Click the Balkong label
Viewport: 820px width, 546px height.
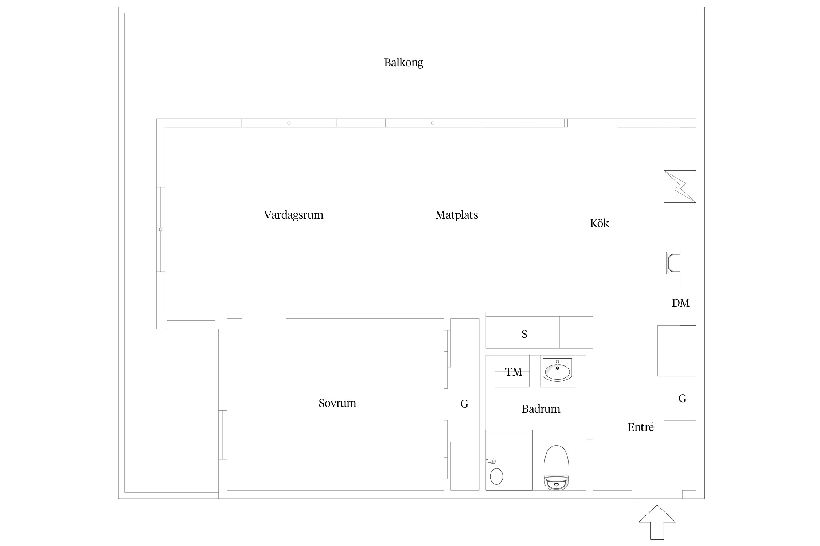403,63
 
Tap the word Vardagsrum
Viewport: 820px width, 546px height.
293,215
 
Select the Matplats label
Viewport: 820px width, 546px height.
457,215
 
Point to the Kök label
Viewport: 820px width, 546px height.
600,223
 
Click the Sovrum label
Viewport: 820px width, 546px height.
337,403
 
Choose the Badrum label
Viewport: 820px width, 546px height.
541,409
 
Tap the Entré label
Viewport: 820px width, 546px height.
641,427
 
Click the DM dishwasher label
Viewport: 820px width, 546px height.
680,303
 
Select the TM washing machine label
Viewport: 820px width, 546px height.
514,372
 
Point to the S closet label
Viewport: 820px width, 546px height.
524,334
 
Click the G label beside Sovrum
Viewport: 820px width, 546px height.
464,404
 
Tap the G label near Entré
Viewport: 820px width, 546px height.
682,398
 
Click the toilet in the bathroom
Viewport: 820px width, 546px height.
556,467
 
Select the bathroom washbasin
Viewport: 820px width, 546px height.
557,371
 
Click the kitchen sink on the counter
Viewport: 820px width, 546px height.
673,263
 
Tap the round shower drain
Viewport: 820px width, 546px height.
496,476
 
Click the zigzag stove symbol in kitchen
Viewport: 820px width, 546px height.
680,186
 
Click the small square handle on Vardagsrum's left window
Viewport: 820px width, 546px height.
161,229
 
